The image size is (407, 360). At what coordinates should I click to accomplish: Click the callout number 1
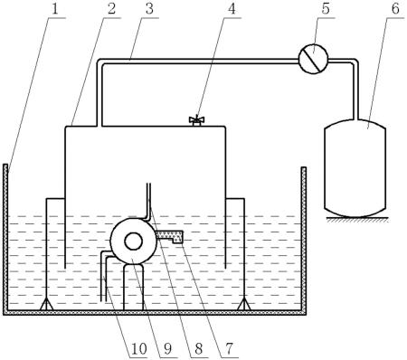(x=54, y=9)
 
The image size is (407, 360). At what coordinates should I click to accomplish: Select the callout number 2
(x=111, y=9)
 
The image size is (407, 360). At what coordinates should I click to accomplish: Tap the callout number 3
(x=149, y=9)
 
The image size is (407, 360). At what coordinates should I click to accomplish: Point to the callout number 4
(x=232, y=9)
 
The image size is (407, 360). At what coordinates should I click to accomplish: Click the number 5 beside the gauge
(x=326, y=9)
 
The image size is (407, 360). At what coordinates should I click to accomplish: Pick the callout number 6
(x=395, y=9)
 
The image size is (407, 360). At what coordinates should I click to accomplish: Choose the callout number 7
(x=229, y=348)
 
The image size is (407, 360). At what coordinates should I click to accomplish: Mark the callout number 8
(x=198, y=348)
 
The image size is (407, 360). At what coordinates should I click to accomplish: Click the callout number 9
(x=167, y=348)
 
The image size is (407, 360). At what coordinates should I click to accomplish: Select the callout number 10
(x=138, y=348)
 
